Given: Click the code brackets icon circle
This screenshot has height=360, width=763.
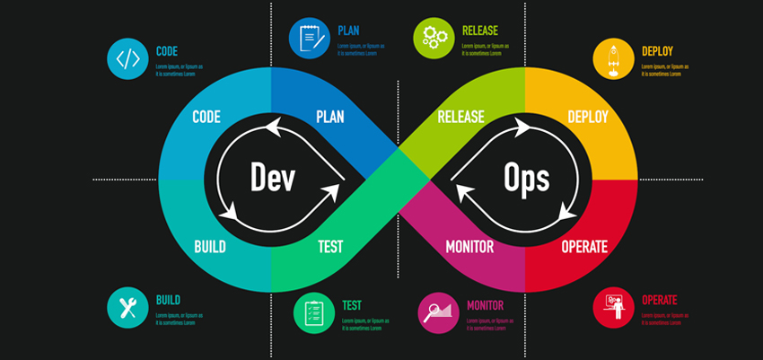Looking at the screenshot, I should [x=127, y=59].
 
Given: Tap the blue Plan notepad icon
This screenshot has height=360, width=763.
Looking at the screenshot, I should [x=309, y=38].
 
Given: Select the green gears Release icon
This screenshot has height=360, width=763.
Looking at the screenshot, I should [x=434, y=38].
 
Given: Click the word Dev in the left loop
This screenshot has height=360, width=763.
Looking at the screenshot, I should [x=273, y=178].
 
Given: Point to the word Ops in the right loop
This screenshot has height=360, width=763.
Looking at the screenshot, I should [x=526, y=178].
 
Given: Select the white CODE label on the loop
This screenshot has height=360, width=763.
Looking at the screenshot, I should [x=206, y=118].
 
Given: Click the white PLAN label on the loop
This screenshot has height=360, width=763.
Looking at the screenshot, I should [x=330, y=118].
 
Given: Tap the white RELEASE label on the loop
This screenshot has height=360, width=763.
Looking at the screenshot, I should [x=460, y=118].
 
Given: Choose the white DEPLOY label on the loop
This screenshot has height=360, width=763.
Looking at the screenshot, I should [x=588, y=118].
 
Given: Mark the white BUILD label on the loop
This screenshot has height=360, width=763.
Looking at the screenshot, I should [x=210, y=246].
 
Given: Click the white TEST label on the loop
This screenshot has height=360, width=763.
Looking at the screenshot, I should [x=329, y=246].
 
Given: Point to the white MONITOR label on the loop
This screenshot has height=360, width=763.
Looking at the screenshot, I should [x=471, y=246].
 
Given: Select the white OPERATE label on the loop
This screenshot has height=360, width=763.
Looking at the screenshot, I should [x=584, y=246].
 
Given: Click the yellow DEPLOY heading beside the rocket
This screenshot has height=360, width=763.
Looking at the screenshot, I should [x=657, y=51].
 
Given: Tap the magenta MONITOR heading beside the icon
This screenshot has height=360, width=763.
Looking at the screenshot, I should [x=485, y=305].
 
